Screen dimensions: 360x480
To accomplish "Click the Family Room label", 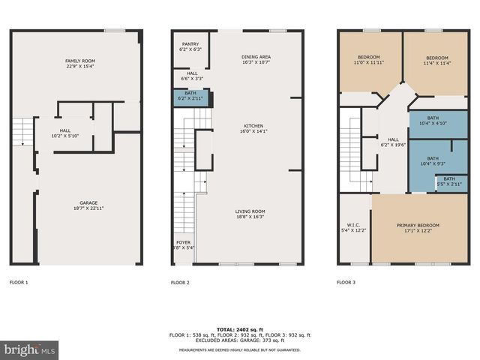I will pyautogui.click(x=79, y=64).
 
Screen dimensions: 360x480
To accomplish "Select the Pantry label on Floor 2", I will pyautogui.click(x=190, y=46).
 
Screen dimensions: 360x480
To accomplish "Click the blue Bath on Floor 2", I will pyautogui.click(x=190, y=96).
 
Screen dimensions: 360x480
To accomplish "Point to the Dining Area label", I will pyautogui.click(x=256, y=60).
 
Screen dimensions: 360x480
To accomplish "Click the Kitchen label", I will pyautogui.click(x=253, y=128).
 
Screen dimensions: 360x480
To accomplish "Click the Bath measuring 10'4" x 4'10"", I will pyautogui.click(x=433, y=120).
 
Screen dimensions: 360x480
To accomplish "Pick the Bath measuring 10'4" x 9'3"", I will pyautogui.click(x=433, y=160).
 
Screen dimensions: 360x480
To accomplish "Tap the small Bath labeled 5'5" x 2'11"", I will pyautogui.click(x=448, y=181).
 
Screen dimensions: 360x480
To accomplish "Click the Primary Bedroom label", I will pyautogui.click(x=418, y=227).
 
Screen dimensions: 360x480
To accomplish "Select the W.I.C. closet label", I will pyautogui.click(x=353, y=227).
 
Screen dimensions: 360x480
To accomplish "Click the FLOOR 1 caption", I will pyautogui.click(x=19, y=283).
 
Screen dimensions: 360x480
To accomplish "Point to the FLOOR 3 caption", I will pyautogui.click(x=346, y=283).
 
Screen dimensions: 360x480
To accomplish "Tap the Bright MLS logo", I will pyautogui.click(x=30, y=349).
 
